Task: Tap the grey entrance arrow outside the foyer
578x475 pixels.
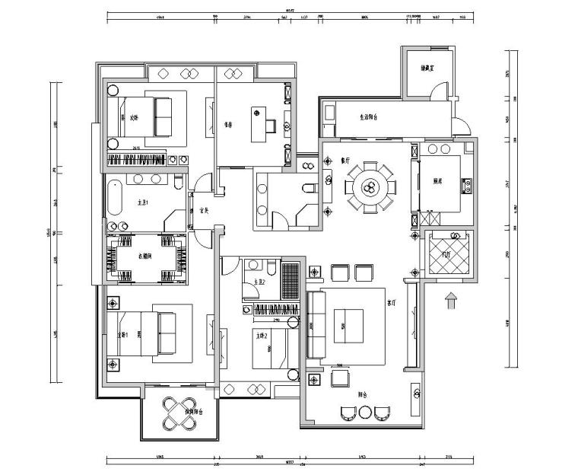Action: coord(450,300)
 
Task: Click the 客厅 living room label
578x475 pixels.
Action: coord(391,301)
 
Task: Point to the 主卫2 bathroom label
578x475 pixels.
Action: coord(259,282)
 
